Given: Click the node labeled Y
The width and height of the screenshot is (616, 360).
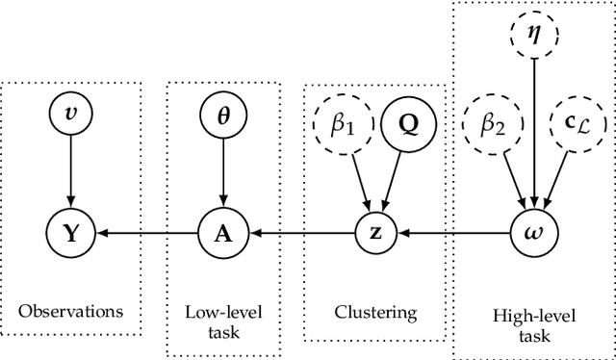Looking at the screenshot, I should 68,232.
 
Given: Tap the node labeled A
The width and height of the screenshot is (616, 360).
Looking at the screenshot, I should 222,232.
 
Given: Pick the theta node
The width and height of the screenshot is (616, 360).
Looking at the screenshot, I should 222,117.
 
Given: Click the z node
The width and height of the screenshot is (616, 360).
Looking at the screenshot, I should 376,232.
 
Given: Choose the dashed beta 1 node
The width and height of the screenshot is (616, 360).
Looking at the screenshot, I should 336,126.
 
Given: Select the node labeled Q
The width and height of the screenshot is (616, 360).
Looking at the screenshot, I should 408,126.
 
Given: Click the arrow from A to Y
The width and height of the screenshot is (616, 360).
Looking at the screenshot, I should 145,232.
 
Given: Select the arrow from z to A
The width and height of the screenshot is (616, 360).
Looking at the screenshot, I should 299,232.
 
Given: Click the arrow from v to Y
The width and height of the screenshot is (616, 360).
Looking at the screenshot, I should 68,174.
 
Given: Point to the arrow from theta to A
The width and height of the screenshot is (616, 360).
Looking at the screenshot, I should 222,174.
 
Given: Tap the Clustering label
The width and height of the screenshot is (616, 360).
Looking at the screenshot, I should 375,311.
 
